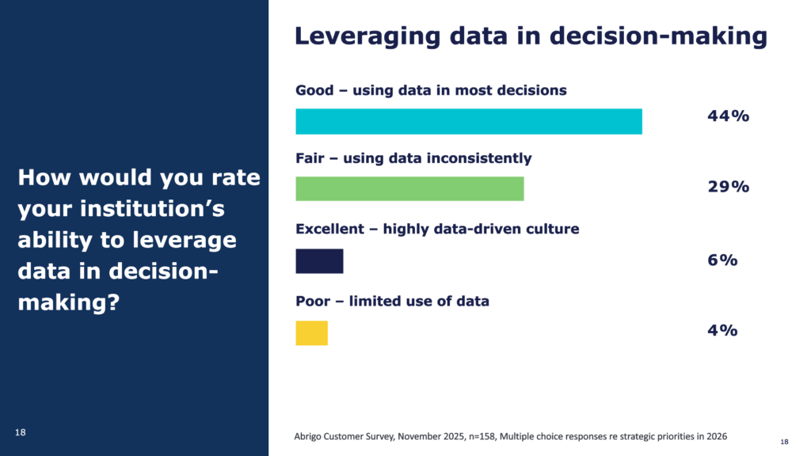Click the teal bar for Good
click(468, 121)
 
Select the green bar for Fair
click(409, 188)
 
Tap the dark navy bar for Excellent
click(319, 260)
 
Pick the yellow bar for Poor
click(311, 332)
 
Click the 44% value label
click(728, 117)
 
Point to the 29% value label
click(728, 187)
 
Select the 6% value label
click(722, 260)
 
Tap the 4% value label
click(722, 330)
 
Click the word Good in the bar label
click(314, 90)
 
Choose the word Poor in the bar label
click(313, 302)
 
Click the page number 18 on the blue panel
click(21, 431)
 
